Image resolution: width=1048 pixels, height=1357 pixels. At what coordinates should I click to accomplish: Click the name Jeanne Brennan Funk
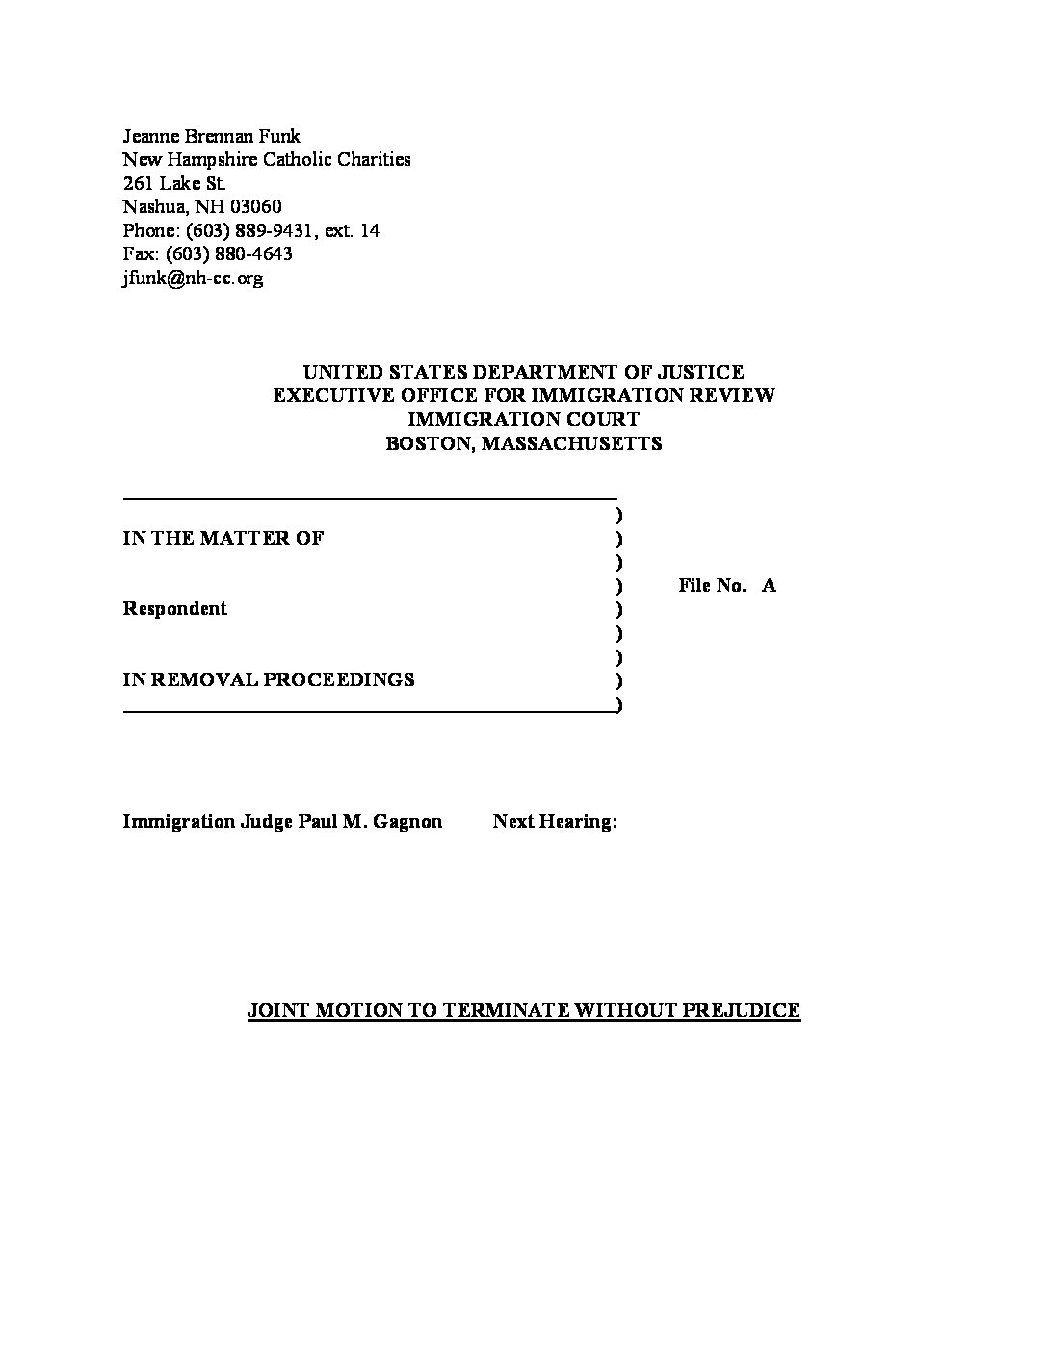coord(211,136)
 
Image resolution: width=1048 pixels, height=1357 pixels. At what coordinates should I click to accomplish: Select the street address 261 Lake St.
coord(174,183)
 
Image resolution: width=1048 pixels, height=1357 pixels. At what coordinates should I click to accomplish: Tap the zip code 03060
coord(257,207)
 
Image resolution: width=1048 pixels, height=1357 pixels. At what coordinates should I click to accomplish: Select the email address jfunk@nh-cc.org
coord(193,279)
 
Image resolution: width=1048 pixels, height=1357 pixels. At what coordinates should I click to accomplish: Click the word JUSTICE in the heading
coord(700,372)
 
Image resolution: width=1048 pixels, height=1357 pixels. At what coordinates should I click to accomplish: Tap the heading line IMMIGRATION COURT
coord(523,419)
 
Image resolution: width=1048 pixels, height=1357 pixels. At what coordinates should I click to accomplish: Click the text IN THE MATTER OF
coord(223,538)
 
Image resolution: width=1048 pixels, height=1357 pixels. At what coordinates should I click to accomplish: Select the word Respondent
coord(175,608)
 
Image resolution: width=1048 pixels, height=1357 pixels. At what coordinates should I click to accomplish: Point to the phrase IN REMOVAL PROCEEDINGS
coord(269,679)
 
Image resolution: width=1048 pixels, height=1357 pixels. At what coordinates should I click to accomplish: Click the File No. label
coord(712,585)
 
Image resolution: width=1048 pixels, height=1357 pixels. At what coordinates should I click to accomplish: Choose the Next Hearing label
coord(555,821)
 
